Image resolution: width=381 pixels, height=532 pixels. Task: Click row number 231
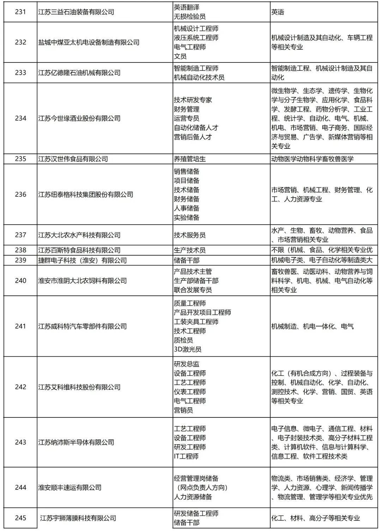pos(20,12)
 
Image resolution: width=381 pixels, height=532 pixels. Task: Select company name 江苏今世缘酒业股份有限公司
pos(79,118)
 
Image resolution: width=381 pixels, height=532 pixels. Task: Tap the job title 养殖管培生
pos(189,159)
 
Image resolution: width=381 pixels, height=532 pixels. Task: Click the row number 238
pos(20,250)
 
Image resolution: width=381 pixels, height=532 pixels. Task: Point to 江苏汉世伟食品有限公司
pos(73,159)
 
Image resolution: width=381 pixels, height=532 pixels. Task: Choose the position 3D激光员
pos(188,349)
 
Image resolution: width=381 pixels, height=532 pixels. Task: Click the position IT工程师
pos(186,456)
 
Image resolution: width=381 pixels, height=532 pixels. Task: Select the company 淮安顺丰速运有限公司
pos(70,488)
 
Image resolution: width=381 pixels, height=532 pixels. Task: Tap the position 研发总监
pos(186,364)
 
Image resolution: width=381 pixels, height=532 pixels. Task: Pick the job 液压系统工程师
pos(196,38)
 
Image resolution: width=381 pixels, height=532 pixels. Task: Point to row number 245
pos(20,518)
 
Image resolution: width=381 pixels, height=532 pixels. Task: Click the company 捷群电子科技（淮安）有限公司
pos(83,261)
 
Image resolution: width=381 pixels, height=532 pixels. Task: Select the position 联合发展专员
pos(193,290)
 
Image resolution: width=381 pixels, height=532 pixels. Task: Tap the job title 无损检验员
pos(189,17)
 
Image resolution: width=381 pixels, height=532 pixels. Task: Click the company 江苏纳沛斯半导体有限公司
pos(76,442)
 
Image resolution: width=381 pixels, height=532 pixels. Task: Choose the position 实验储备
pos(186,218)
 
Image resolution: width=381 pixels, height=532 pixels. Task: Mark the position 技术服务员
pos(189,235)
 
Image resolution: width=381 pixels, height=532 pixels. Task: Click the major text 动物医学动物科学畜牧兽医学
pos(312,159)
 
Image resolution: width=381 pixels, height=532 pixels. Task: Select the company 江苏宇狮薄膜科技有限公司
pos(78,518)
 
